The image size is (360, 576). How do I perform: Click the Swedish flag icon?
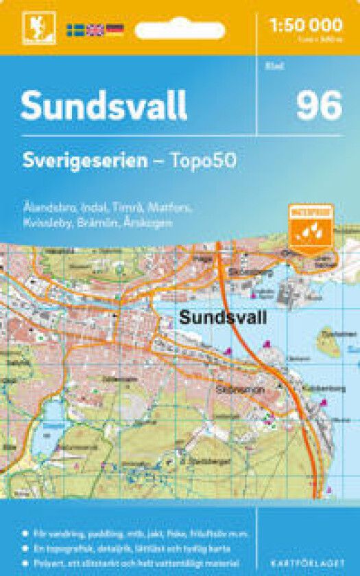tap(75, 29)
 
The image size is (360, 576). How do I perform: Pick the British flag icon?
tap(95, 29)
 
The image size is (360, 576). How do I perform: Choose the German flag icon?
tap(115, 29)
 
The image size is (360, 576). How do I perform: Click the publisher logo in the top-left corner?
tap(32, 28)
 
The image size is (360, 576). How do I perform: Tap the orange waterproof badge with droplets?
tap(311, 227)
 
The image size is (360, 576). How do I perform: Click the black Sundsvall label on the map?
tap(222, 317)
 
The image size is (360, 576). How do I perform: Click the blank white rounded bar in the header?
tap(180, 30)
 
